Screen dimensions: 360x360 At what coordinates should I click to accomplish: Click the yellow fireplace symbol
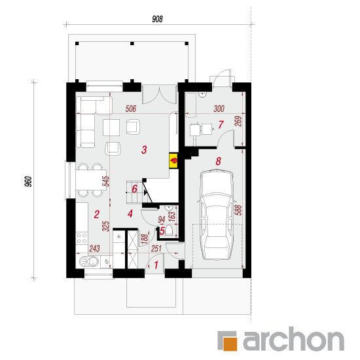click(173, 161)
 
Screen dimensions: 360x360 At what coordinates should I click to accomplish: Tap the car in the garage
click(216, 215)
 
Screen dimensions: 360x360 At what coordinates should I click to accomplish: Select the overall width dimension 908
click(157, 19)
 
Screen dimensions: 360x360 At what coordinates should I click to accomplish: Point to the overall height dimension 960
click(28, 181)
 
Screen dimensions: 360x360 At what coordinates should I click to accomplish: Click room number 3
click(144, 150)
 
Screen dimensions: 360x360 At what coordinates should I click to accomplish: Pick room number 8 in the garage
click(218, 161)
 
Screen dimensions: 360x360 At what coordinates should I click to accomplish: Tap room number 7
click(221, 124)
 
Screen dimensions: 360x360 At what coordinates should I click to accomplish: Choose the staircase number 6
click(135, 189)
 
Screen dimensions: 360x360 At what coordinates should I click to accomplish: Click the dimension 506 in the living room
click(131, 109)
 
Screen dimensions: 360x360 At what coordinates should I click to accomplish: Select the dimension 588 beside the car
click(238, 210)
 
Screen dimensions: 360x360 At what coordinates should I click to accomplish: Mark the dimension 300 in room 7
click(219, 109)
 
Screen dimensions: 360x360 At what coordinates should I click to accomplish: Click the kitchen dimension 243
click(94, 248)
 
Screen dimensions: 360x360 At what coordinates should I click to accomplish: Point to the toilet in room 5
click(170, 230)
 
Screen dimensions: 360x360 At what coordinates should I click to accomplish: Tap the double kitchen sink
click(89, 262)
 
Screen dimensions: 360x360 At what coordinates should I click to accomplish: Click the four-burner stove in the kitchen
click(82, 238)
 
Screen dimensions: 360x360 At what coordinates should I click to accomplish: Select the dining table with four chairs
click(90, 180)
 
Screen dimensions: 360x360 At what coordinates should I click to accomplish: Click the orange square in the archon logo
click(230, 344)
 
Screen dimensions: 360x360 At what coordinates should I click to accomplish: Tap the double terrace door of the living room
click(160, 94)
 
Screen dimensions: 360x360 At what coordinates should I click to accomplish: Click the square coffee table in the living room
click(111, 128)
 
